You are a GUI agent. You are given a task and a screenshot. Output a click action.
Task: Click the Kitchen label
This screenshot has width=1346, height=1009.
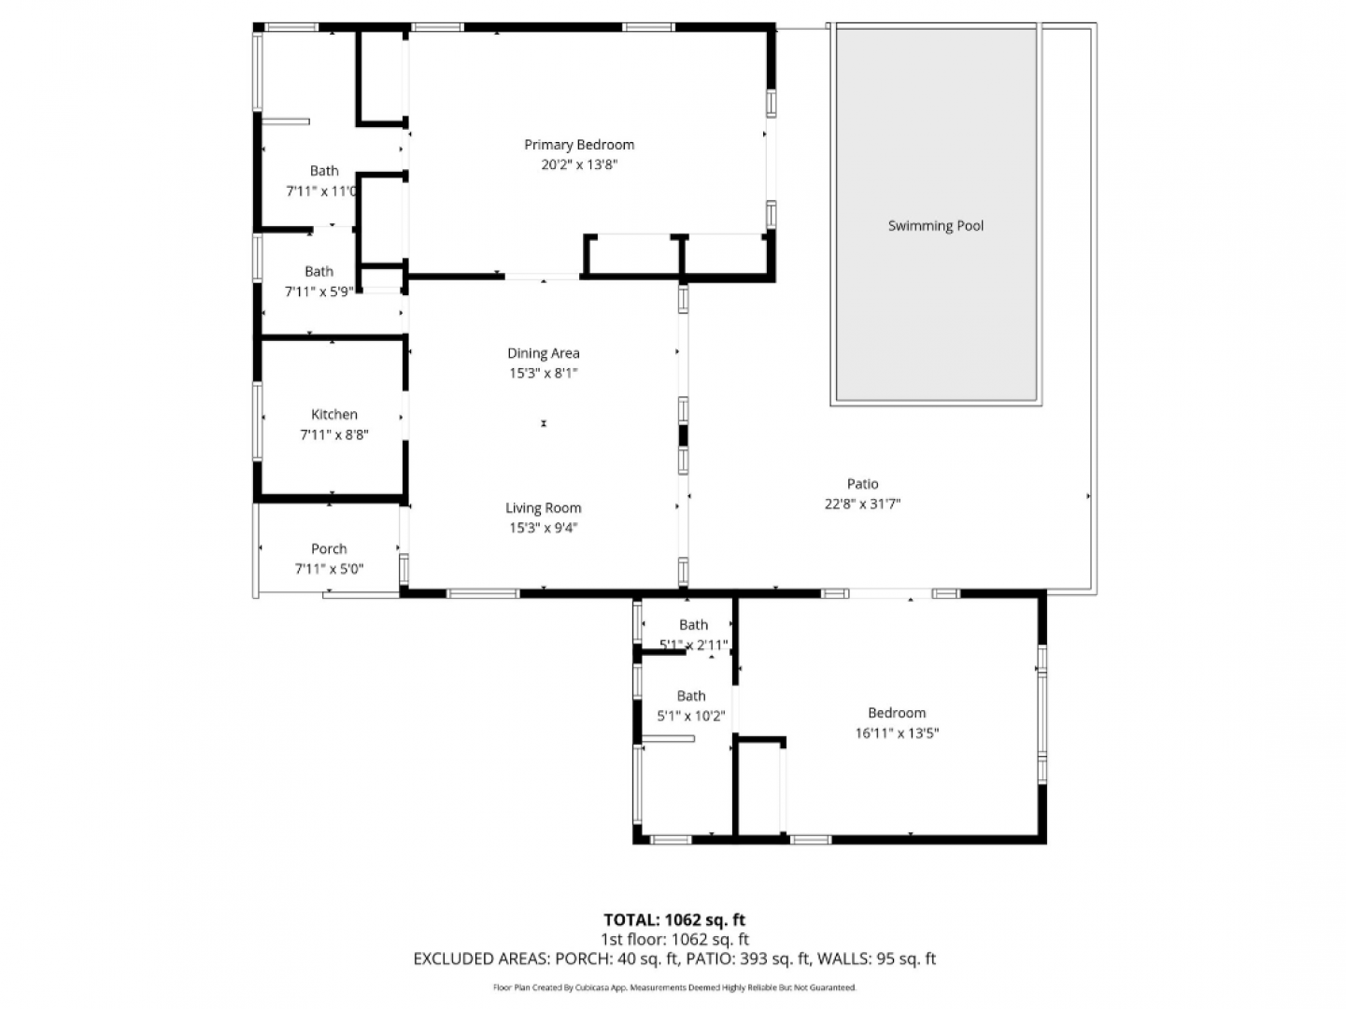(x=333, y=414)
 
